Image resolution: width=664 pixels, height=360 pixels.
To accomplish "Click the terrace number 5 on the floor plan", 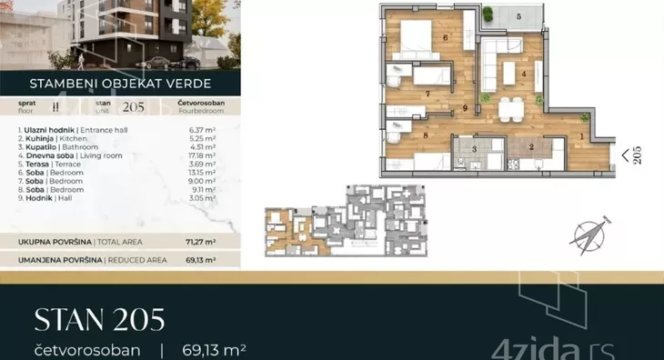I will point(518,16).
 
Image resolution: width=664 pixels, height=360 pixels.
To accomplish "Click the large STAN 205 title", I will point(99,319).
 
